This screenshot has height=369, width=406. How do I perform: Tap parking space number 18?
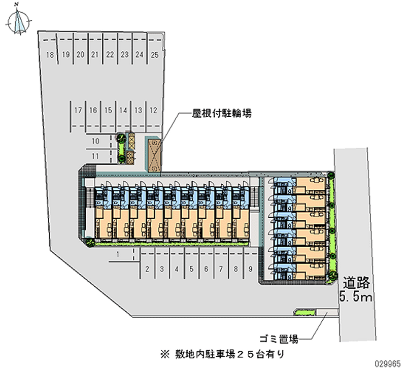pyautogui.click(x=50, y=54)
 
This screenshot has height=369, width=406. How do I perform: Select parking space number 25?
pyautogui.click(x=155, y=54)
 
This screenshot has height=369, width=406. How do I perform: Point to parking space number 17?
pyautogui.click(x=78, y=110)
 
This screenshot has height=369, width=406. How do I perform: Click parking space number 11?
pyautogui.click(x=95, y=155)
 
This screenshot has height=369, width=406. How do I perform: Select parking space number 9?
pyautogui.click(x=251, y=269)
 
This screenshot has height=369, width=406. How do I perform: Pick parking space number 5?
pyautogui.click(x=191, y=269)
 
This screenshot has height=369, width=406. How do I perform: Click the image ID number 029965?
pyautogui.click(x=388, y=363)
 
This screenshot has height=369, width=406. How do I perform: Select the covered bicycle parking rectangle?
pyautogui.click(x=154, y=155)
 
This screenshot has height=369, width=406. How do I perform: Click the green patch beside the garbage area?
pyautogui.click(x=304, y=311)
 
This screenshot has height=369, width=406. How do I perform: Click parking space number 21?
pyautogui.click(x=94, y=54)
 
